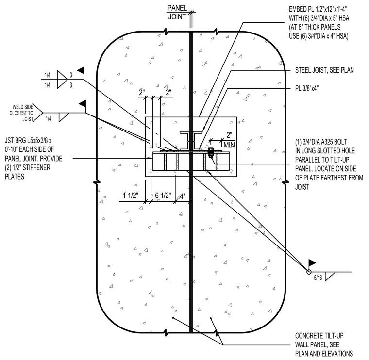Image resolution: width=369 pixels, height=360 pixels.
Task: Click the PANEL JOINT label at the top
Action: (177, 13)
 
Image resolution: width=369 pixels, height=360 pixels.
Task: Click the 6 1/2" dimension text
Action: (163, 196)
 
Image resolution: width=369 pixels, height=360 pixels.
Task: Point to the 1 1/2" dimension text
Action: (131, 196)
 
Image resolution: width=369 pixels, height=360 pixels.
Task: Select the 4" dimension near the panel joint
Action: (183, 196)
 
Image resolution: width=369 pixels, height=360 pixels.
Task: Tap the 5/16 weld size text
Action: (318, 278)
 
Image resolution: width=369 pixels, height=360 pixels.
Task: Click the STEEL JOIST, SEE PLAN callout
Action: (324, 70)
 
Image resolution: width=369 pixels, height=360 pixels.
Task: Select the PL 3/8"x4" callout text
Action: (307, 88)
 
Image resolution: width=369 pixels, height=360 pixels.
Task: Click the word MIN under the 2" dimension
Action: (229, 145)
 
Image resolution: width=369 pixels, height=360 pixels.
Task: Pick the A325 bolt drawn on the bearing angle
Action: (211, 153)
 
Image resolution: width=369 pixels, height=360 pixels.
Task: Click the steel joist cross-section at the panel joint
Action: (191, 141)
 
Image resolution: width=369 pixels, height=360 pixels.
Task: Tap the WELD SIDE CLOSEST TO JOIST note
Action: (21, 113)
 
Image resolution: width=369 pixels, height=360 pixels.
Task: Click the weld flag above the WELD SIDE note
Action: (83, 104)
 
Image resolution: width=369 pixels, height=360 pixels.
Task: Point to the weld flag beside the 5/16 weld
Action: (312, 263)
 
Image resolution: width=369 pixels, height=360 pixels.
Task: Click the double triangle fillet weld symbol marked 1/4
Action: (62, 80)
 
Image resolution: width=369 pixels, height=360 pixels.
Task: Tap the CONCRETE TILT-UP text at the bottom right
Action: (319, 336)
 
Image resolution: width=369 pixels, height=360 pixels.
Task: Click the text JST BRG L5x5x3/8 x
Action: (28, 141)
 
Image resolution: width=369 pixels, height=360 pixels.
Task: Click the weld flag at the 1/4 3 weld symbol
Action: (81, 70)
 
